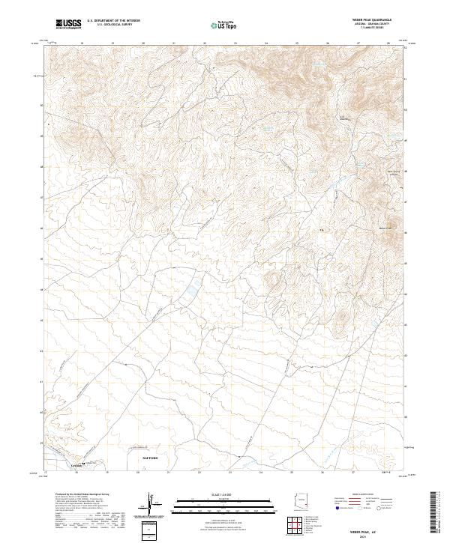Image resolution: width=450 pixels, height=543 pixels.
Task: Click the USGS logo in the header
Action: [x=68, y=25]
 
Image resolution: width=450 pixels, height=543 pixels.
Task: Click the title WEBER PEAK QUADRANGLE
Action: [x=375, y=20]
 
